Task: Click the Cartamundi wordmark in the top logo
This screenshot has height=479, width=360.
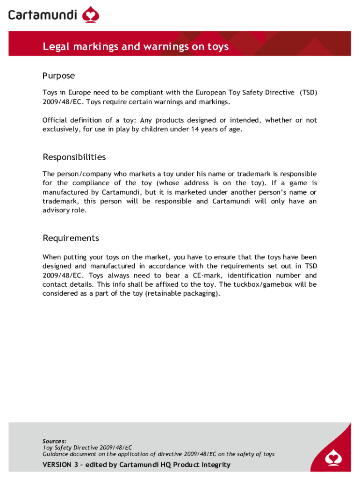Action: (x=43, y=15)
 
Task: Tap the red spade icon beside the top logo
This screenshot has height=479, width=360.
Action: (x=91, y=15)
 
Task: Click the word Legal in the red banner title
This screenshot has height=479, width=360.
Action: (x=55, y=46)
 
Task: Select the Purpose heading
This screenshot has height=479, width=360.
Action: (x=58, y=76)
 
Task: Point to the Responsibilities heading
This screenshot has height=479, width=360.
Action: (x=74, y=157)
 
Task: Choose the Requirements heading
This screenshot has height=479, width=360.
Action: (x=71, y=238)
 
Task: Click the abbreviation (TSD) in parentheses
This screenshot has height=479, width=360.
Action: (x=309, y=93)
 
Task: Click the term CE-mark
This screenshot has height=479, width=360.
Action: (x=196, y=276)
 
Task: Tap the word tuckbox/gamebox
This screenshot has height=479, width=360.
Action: (x=264, y=284)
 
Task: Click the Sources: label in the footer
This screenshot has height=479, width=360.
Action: (x=54, y=441)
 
